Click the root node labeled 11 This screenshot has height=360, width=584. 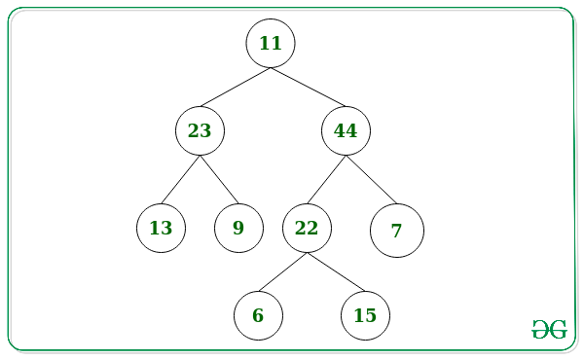pyautogui.click(x=271, y=43)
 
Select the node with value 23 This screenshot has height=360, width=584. pyautogui.click(x=200, y=130)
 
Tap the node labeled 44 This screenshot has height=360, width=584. pyautogui.click(x=346, y=130)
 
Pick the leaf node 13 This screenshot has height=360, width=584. pyautogui.click(x=162, y=229)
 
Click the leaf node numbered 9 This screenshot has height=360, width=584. pyautogui.click(x=238, y=229)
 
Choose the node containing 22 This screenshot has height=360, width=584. pyautogui.click(x=307, y=229)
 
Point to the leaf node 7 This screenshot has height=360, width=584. pyautogui.click(x=397, y=231)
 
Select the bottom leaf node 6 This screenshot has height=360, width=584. pyautogui.click(x=259, y=315)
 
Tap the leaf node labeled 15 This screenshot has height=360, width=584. pyautogui.click(x=365, y=315)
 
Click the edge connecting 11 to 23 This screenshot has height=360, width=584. pyautogui.click(x=236, y=88)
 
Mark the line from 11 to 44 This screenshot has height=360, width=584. pyautogui.click(x=309, y=88)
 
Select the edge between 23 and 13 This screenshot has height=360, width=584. pyautogui.click(x=181, y=179)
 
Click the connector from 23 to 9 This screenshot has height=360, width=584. pyautogui.click(x=219, y=179)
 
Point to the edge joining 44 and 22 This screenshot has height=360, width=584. pyautogui.click(x=327, y=179)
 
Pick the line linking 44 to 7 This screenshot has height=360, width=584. pyautogui.click(x=372, y=179)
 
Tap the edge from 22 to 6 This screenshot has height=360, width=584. pyautogui.click(x=282, y=271)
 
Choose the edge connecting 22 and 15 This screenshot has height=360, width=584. pyautogui.click(x=336, y=271)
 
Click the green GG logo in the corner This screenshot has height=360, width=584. pyautogui.click(x=549, y=329)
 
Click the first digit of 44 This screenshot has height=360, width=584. pyautogui.click(x=340, y=130)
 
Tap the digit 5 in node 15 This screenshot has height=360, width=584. pyautogui.click(x=371, y=315)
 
